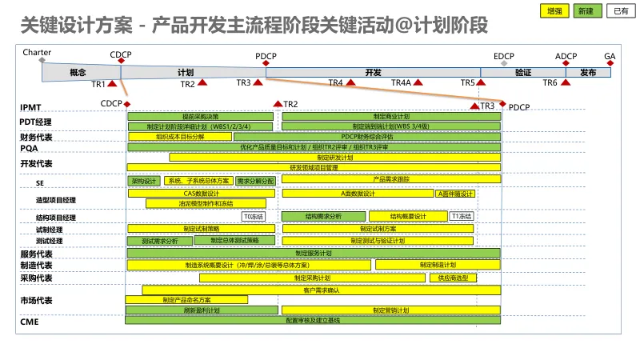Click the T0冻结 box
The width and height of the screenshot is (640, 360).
[x=253, y=216]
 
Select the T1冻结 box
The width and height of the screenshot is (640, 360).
[x=462, y=216]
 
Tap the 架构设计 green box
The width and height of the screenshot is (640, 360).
[x=145, y=181]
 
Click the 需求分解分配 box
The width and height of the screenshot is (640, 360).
[x=255, y=181]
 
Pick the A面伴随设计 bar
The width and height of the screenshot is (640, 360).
[x=455, y=194]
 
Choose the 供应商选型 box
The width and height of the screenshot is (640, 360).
[x=453, y=278]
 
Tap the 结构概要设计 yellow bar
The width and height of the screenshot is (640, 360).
[x=408, y=216]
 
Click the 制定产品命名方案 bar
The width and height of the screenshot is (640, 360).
[x=186, y=299]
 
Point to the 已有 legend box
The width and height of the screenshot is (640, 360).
[x=620, y=10]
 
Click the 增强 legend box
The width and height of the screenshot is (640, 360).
[x=553, y=10]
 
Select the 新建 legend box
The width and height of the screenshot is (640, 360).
[x=586, y=10]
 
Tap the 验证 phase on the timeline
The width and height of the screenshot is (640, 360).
[x=523, y=72]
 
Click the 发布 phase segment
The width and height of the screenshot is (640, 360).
[x=588, y=72]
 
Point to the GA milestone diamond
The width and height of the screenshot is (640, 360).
[x=610, y=65]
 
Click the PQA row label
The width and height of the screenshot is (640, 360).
[x=30, y=148]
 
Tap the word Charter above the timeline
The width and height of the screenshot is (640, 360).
[x=38, y=52]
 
